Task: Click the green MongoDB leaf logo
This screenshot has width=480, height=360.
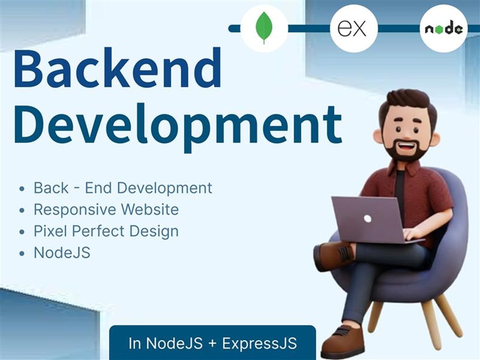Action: [x=264, y=28]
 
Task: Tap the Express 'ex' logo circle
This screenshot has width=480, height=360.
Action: [x=353, y=28]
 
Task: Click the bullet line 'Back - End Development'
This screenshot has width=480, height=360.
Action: [x=123, y=188]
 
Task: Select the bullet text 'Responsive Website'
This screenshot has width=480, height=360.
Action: [x=106, y=210]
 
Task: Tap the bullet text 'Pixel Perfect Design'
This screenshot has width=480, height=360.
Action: [x=106, y=231]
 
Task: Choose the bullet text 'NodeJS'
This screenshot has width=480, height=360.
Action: [x=62, y=253]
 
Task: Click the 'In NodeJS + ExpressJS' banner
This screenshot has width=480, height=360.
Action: [x=212, y=343]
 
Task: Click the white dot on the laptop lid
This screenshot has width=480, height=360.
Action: [x=367, y=218]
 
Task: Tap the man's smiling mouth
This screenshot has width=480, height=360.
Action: [x=409, y=144]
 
